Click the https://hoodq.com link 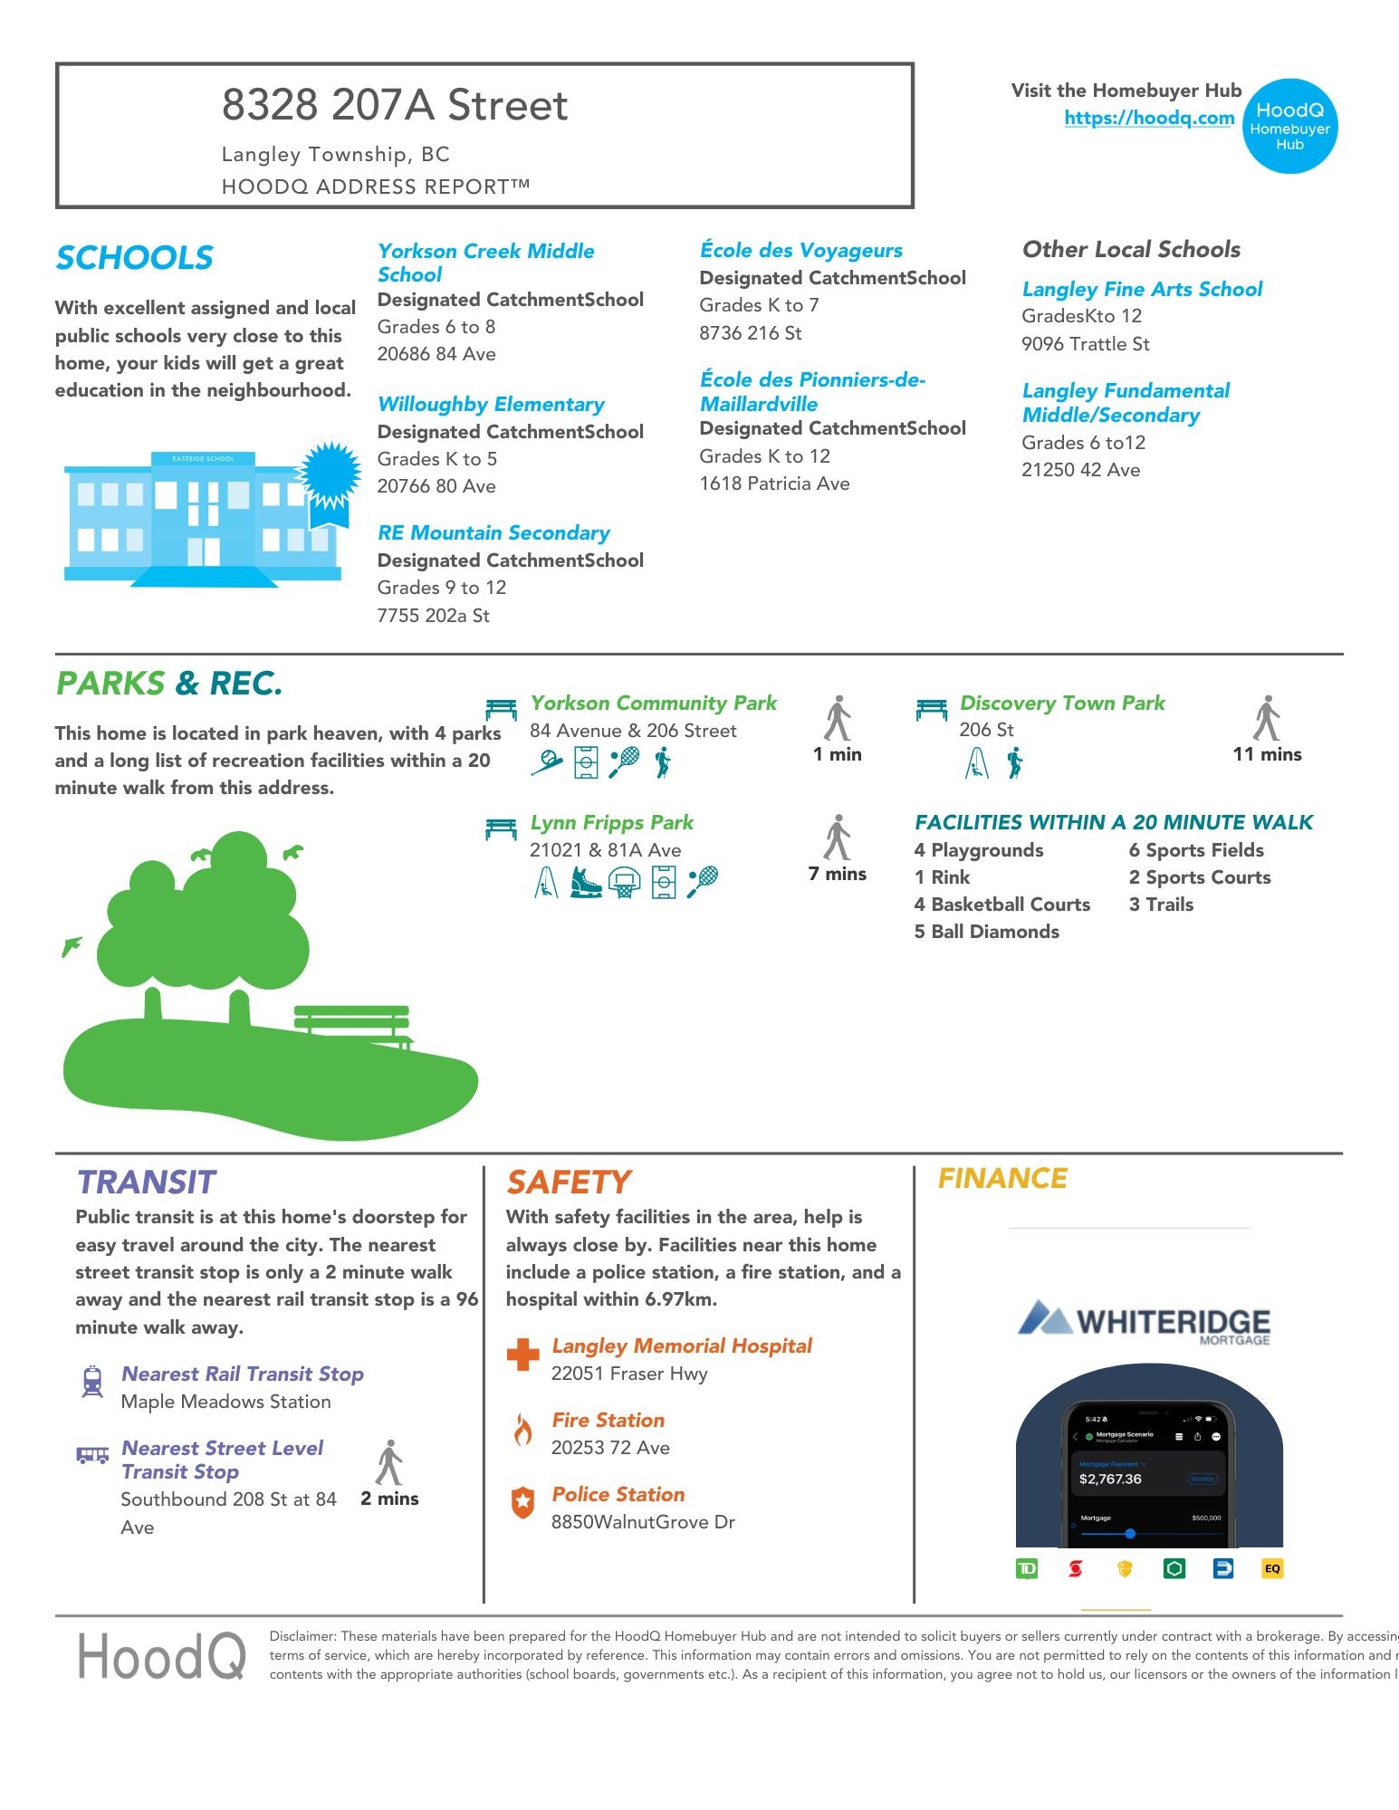click(1148, 118)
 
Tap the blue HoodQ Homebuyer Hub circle click(1289, 126)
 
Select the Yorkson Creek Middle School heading click(485, 263)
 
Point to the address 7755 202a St click(433, 616)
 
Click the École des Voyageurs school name click(800, 250)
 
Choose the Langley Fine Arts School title click(1141, 289)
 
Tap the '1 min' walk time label click(837, 754)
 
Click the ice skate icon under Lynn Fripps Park click(586, 881)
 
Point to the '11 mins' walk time click(1266, 754)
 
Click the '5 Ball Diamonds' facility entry click(986, 932)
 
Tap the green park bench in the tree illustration click(352, 1023)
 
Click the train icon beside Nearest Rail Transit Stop click(92, 1382)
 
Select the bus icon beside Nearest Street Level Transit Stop click(92, 1455)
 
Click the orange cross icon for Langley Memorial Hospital click(522, 1355)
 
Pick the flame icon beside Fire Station click(522, 1430)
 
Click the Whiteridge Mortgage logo click(1145, 1323)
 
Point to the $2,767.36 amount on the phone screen click(1109, 1479)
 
